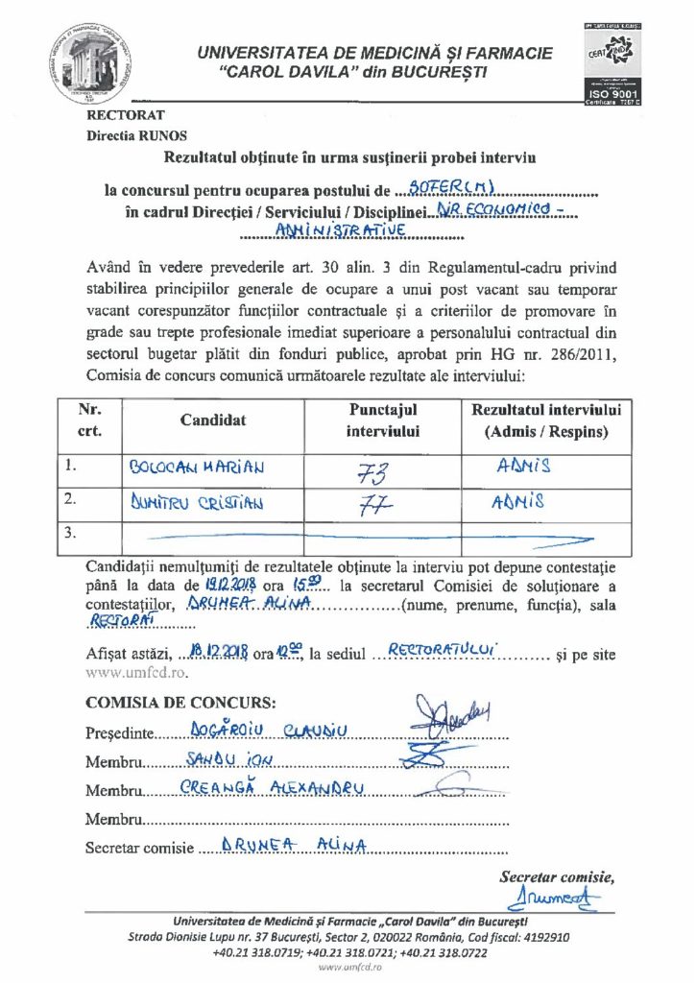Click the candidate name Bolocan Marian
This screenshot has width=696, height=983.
click(197, 468)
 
